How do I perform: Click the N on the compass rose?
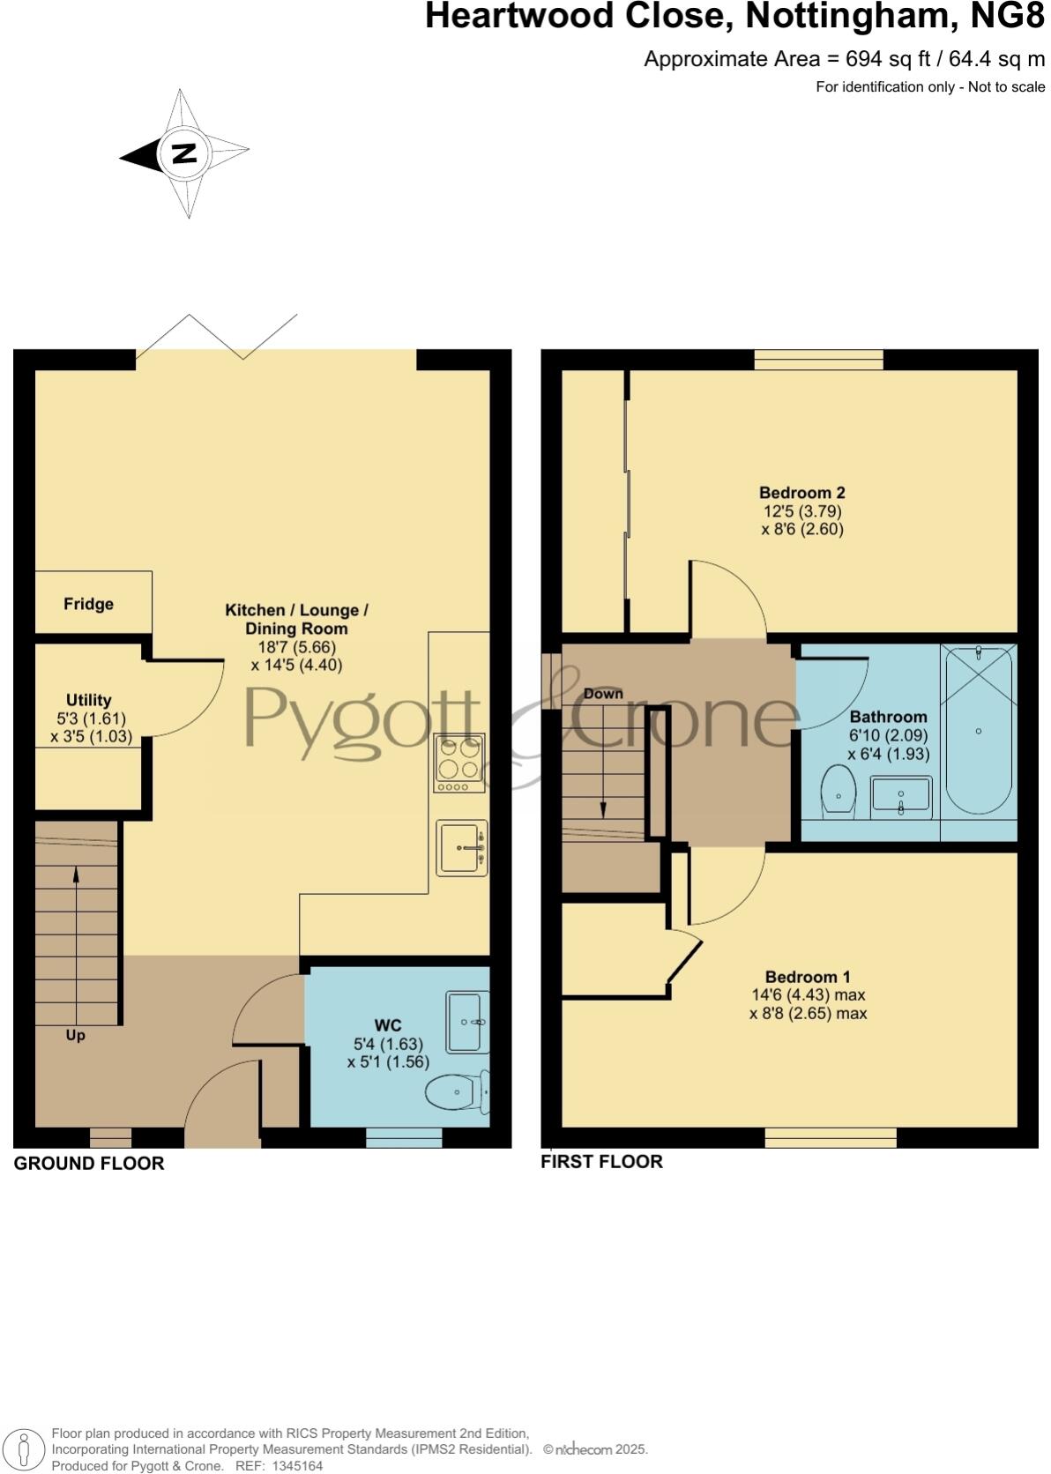[x=183, y=153]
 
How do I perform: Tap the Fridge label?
[x=88, y=604]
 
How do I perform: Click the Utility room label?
[x=88, y=700]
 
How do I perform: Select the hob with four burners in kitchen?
[x=459, y=763]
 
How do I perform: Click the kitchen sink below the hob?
[x=461, y=848]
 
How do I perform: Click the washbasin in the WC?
[x=466, y=1023]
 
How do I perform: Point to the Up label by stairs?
[x=76, y=1035]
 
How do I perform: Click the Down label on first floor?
[x=603, y=694]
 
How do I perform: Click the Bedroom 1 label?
[x=808, y=977]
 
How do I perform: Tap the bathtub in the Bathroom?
[x=979, y=732]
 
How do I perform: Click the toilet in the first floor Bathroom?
[x=838, y=792]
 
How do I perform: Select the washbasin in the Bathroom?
[x=900, y=797]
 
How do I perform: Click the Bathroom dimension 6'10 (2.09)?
[x=888, y=735]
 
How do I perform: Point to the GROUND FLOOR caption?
[x=89, y=1164]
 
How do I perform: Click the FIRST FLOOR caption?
[x=601, y=1162]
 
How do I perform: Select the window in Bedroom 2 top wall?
[x=818, y=359]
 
